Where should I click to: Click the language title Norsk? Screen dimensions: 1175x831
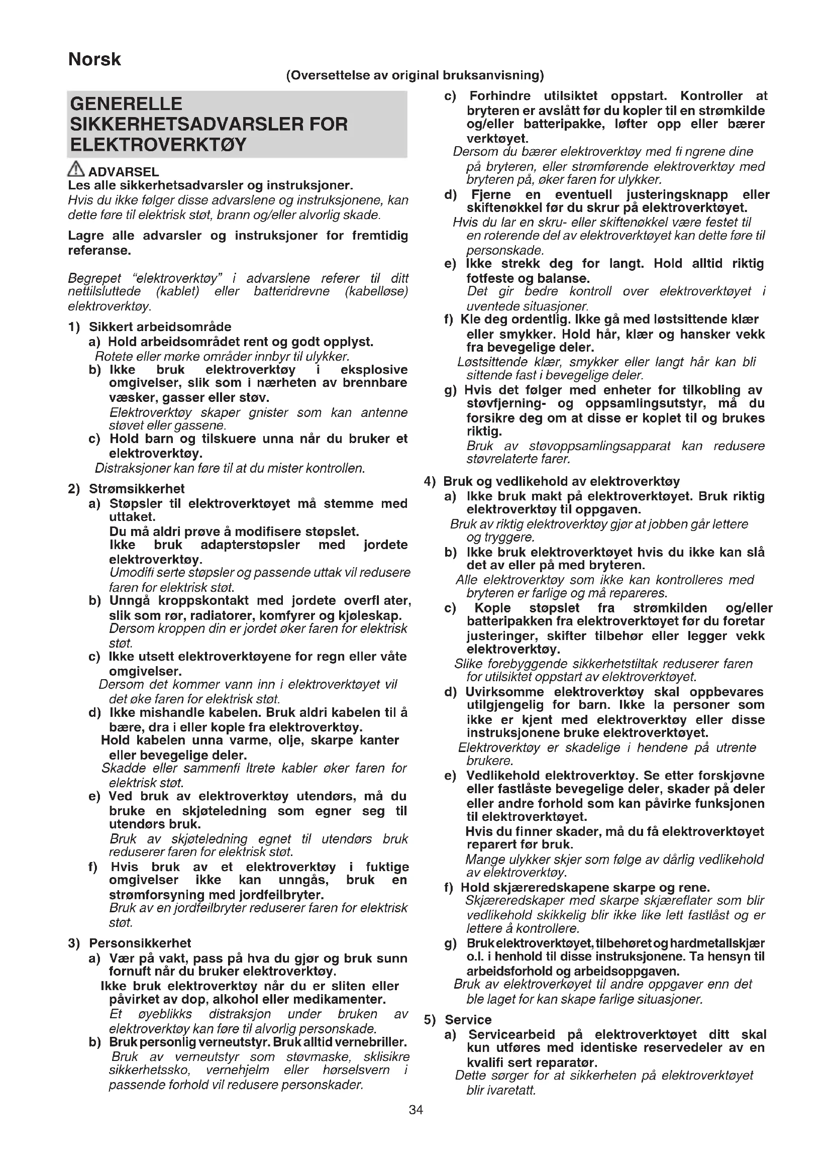(94, 60)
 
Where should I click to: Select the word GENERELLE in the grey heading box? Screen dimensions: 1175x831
(126, 104)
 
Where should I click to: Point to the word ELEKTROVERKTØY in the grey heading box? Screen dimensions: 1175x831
(159, 145)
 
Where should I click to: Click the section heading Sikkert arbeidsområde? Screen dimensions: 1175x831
(160, 327)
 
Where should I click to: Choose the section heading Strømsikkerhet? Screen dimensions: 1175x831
(137, 488)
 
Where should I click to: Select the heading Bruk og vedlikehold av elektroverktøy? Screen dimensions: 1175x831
(561, 481)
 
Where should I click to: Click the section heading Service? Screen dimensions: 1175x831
(468, 1019)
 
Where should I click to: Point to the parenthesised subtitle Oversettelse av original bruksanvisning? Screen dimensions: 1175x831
(415, 75)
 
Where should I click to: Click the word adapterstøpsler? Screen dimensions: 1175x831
(250, 545)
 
